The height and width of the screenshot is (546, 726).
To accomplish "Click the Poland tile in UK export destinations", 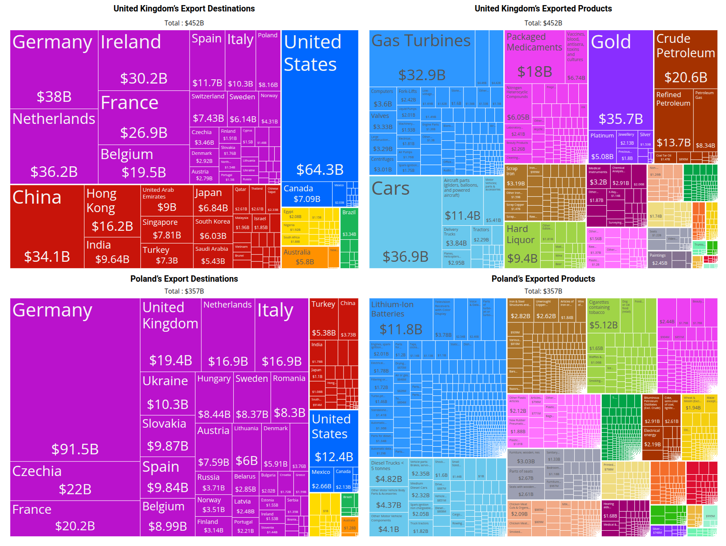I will pyautogui.click(x=268, y=59).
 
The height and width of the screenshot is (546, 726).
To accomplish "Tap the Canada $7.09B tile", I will pyautogui.click(x=307, y=194).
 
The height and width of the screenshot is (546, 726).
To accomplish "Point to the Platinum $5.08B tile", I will pyautogui.click(x=602, y=147).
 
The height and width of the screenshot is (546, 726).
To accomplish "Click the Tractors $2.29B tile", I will pyautogui.click(x=481, y=235).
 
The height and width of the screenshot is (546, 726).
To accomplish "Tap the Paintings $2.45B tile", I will pyautogui.click(x=659, y=259).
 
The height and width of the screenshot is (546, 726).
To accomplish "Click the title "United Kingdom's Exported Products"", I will pyautogui.click(x=543, y=8).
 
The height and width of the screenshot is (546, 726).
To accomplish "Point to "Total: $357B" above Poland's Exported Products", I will pyautogui.click(x=543, y=291).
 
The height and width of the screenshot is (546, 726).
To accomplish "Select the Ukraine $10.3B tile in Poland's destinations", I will pyautogui.click(x=168, y=392).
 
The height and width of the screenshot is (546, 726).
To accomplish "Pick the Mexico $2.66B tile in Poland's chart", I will pyautogui.click(x=321, y=479).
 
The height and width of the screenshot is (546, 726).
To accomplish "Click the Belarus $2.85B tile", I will pyautogui.click(x=245, y=483).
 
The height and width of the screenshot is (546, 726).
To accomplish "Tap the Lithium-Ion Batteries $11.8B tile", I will pyautogui.click(x=401, y=318).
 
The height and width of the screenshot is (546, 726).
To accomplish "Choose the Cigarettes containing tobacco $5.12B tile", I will pyautogui.click(x=603, y=316).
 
